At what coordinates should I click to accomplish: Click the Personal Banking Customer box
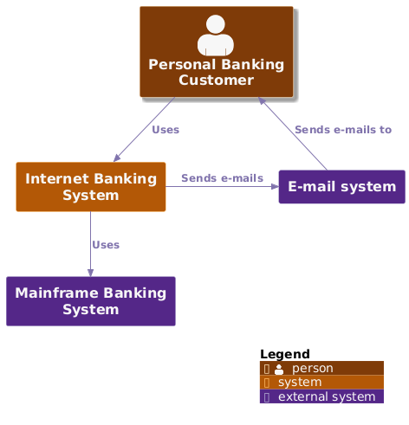coord(217,52)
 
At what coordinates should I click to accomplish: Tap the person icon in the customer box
coord(216,35)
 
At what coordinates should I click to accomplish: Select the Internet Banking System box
coord(91,187)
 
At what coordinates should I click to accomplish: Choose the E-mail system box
coord(341,187)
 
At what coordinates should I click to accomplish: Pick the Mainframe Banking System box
coord(91,301)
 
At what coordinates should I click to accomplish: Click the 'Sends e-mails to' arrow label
coord(343,130)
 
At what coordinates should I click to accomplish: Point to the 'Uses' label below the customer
coord(166,130)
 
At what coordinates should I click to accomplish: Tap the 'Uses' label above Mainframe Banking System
coord(106,245)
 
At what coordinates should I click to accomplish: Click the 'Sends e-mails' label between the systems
coord(222,178)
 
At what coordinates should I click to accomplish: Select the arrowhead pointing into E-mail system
coord(275,187)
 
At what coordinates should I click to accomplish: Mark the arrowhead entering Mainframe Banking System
coord(90,273)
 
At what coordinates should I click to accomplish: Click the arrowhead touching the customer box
coord(262,100)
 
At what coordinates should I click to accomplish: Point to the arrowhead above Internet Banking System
coord(117,158)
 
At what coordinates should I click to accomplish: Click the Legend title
coord(285,354)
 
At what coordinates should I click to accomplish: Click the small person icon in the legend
coord(279,369)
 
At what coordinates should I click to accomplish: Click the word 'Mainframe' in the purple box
coord(56,293)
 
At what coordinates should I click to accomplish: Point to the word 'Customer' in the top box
coord(216,80)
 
